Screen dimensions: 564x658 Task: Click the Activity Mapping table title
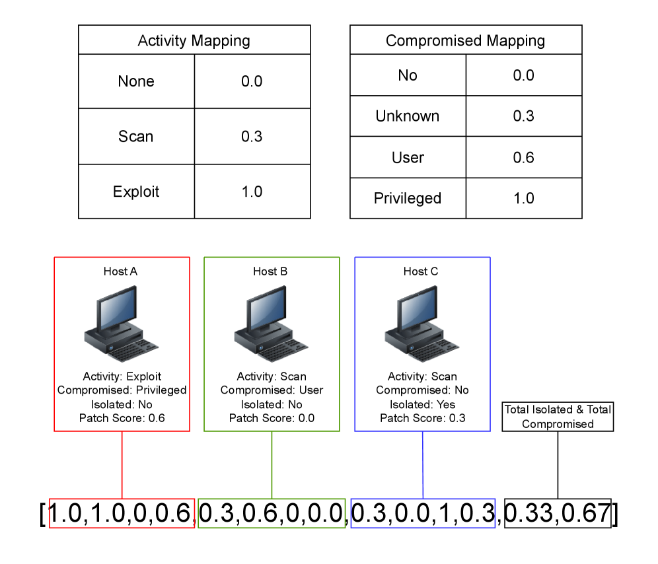pyautogui.click(x=194, y=41)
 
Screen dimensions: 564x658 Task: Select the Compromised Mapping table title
pyautogui.click(x=465, y=41)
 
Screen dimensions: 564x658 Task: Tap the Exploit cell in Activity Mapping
pyautogui.click(x=136, y=192)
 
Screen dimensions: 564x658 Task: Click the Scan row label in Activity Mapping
pyautogui.click(x=136, y=137)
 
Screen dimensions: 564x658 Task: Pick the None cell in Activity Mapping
pyautogui.click(x=136, y=81)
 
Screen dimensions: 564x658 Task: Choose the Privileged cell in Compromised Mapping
pyautogui.click(x=408, y=198)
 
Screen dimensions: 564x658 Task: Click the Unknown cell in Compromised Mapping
pyautogui.click(x=408, y=116)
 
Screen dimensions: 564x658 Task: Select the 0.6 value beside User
pyautogui.click(x=523, y=157)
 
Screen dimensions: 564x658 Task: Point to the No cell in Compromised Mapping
pyautogui.click(x=408, y=75)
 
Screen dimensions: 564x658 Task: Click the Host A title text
pyautogui.click(x=121, y=271)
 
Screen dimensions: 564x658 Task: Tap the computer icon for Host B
pyautogui.click(x=272, y=324)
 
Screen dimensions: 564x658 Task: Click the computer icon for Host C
pyautogui.click(x=421, y=324)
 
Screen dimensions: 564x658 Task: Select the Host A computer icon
pyautogui.click(x=121, y=324)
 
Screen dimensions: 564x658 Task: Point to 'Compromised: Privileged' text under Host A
pyautogui.click(x=122, y=390)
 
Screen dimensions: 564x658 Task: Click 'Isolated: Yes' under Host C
pyautogui.click(x=421, y=404)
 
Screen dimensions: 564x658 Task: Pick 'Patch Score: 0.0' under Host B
pyautogui.click(x=272, y=418)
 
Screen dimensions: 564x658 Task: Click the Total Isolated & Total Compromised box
pyautogui.click(x=558, y=417)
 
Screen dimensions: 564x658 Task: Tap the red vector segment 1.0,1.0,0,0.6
pyautogui.click(x=122, y=514)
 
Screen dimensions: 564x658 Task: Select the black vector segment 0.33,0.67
pyautogui.click(x=558, y=514)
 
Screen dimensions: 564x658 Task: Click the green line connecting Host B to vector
pyautogui.click(x=272, y=465)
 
